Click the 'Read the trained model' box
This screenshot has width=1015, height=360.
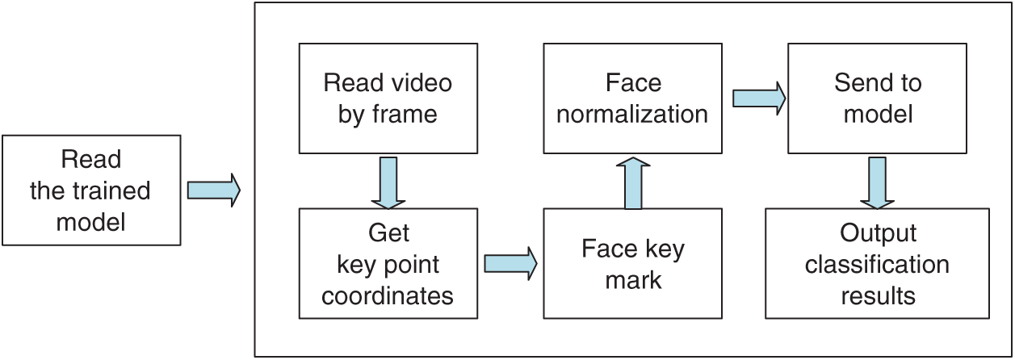pyautogui.click(x=90, y=190)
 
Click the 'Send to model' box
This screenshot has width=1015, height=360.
pyautogui.click(x=877, y=98)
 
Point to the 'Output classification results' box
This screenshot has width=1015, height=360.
pyautogui.click(x=877, y=263)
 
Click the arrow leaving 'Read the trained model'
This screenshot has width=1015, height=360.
pyautogui.click(x=214, y=190)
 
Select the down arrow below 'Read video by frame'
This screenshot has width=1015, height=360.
pyautogui.click(x=388, y=181)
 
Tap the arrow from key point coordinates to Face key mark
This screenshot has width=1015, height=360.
pyautogui.click(x=510, y=262)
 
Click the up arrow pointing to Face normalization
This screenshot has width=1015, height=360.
pyautogui.click(x=633, y=182)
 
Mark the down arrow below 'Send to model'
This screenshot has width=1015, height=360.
pyautogui.click(x=877, y=181)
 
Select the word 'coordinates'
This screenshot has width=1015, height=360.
pyautogui.click(x=388, y=295)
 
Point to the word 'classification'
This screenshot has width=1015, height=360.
pyautogui.click(x=877, y=264)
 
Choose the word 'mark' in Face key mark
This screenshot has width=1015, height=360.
pyautogui.click(x=633, y=280)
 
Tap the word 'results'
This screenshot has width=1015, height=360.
pyautogui.click(x=878, y=295)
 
